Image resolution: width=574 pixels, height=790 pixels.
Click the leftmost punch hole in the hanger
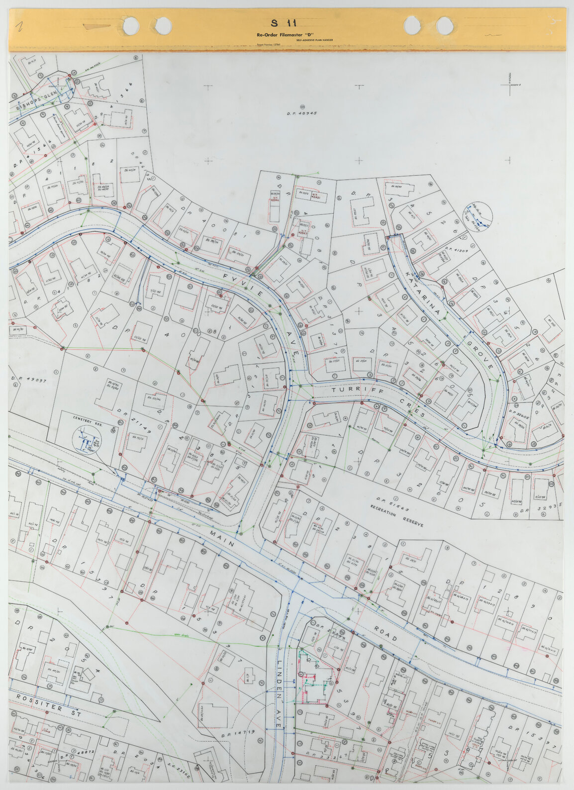(x=131, y=24)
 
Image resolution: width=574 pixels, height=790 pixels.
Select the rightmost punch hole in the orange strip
(x=444, y=24)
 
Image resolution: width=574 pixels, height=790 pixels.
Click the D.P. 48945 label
(x=302, y=113)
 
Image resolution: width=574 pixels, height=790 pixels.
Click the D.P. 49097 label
(x=28, y=380)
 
